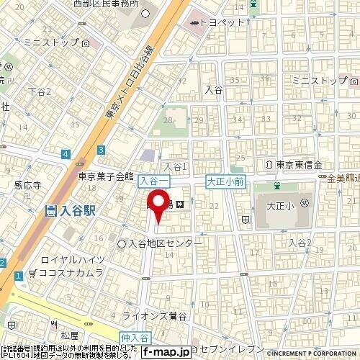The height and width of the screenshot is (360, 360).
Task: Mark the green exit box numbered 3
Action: point(102,149)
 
